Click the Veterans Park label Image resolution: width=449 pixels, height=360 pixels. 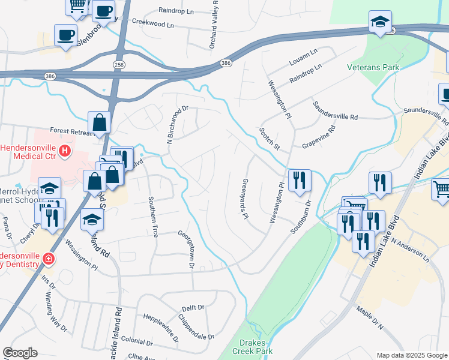coord(373,67)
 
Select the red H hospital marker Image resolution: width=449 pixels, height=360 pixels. coord(65,153)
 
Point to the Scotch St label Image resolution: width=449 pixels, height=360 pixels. coord(270,138)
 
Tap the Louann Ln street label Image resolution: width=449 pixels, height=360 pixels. coord(302,56)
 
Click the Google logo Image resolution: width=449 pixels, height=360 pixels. coord(20,352)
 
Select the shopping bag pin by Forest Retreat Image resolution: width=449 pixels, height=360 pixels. coord(99,124)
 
